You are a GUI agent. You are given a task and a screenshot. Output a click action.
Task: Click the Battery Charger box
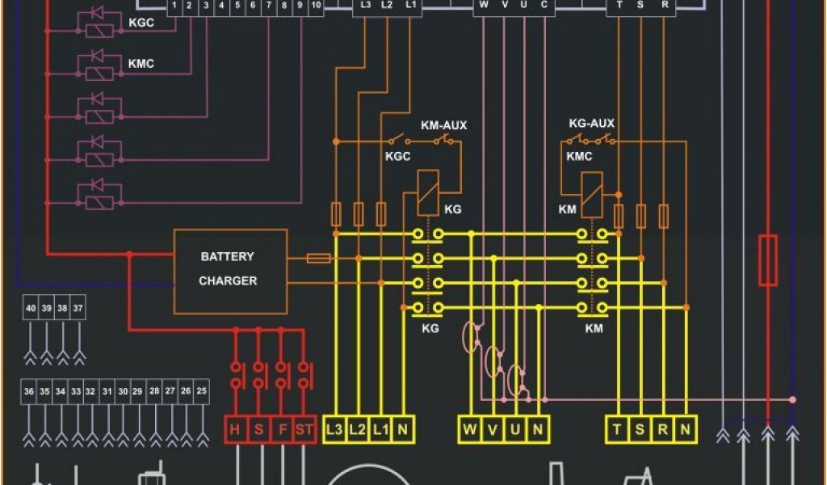(230, 271)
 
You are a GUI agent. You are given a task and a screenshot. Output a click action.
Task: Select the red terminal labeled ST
(304, 429)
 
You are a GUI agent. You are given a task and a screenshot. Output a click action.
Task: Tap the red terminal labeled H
(235, 429)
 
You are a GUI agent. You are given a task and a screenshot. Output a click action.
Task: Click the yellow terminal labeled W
(470, 429)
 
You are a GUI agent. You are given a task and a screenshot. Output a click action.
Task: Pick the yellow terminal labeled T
(617, 429)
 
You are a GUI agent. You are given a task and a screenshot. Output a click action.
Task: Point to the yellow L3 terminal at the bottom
(334, 429)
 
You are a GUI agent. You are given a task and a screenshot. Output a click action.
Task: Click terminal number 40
(31, 309)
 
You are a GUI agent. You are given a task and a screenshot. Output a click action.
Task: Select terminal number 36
(29, 391)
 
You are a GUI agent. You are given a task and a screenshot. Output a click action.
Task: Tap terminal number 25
(202, 391)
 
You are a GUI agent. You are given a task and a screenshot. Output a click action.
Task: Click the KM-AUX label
(443, 125)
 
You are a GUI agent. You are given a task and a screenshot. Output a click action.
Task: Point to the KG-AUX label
(591, 124)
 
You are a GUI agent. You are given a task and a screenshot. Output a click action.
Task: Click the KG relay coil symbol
(428, 192)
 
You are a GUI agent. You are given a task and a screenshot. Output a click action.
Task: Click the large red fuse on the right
(767, 259)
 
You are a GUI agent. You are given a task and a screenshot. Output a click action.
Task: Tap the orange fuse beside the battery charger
(319, 258)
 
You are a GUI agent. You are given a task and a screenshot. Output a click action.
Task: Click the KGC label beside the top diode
(141, 23)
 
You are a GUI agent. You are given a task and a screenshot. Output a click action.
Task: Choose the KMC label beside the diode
(141, 63)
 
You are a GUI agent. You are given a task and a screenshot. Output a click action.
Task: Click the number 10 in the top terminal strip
(316, 6)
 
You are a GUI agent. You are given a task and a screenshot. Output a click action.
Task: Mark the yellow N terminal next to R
(685, 429)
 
